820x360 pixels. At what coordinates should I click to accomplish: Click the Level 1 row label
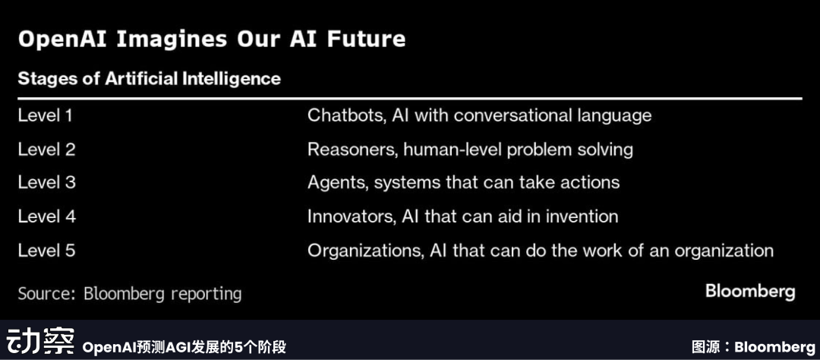pos(45,115)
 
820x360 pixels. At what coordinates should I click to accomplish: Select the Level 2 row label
pos(46,150)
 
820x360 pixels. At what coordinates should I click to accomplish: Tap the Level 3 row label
pos(46,182)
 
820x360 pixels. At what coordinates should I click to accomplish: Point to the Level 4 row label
pos(46,216)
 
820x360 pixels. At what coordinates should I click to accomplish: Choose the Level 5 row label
pos(46,250)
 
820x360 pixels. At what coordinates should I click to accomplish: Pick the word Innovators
pos(350,216)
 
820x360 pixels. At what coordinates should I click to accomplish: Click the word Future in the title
pos(366,39)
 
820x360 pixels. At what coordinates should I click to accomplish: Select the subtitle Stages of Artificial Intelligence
pos(150,79)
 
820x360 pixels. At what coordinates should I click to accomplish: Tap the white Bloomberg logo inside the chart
pos(750,292)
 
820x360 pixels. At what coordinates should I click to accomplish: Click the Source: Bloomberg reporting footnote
pos(130,294)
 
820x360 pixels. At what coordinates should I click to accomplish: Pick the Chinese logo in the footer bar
pos(41,341)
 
